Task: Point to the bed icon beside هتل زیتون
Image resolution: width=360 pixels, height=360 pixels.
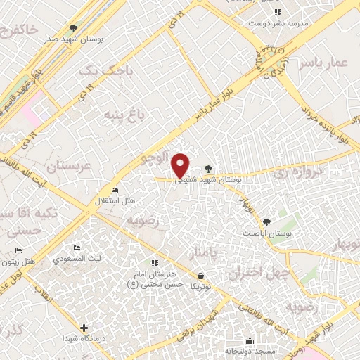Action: (18, 251)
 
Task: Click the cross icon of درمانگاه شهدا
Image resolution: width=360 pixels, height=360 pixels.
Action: (84, 328)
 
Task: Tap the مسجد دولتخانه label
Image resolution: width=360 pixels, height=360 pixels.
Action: (247, 349)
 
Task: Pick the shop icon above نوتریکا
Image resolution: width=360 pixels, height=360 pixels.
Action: (202, 276)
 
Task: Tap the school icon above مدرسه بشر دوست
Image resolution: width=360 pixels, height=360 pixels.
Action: (278, 12)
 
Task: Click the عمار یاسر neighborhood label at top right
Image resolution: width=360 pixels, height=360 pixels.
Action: (323, 63)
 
